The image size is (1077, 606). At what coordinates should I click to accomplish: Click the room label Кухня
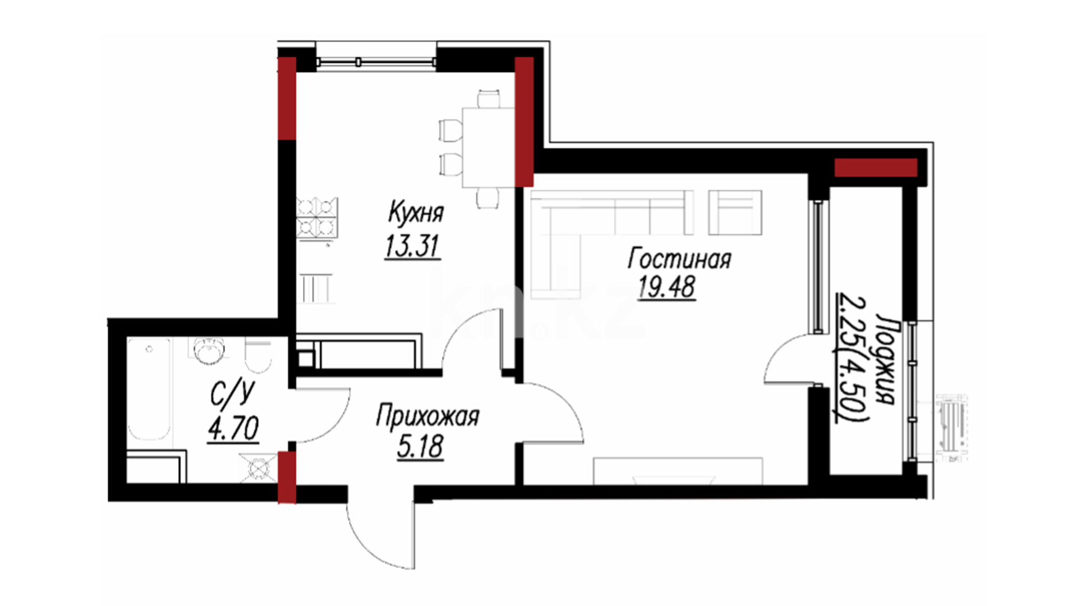coord(416,213)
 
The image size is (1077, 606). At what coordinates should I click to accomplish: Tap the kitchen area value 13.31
coord(412,246)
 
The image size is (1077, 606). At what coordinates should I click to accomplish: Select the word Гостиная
coord(679,259)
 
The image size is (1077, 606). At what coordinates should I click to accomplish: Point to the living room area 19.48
coord(666,287)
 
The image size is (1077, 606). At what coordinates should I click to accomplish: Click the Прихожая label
coord(427,417)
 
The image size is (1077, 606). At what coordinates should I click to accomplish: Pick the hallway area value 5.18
coord(420,447)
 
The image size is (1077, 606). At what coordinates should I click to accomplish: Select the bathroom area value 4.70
coord(233,430)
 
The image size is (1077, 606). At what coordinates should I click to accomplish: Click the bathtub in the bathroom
coord(149,389)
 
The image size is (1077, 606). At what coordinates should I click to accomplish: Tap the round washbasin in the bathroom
coord(209,351)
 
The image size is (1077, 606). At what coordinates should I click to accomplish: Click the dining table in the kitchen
coord(488,147)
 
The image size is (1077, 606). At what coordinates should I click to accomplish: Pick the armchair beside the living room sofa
coord(735,212)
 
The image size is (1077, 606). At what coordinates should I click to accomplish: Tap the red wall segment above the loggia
coord(876,168)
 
